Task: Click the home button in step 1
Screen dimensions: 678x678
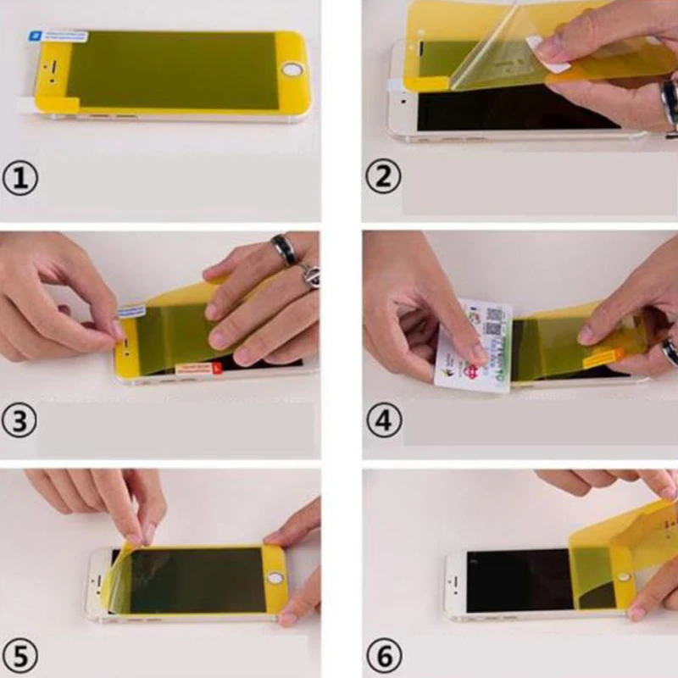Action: pyautogui.click(x=293, y=69)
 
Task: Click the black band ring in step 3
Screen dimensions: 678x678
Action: pyautogui.click(x=284, y=248)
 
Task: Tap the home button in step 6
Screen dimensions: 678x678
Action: pyautogui.click(x=625, y=577)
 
